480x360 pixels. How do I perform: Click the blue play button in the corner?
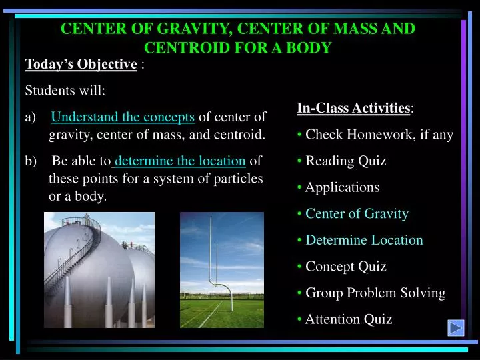tap(456, 328)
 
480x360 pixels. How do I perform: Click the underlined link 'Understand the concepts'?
tap(123, 117)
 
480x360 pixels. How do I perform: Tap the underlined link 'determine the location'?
tap(180, 161)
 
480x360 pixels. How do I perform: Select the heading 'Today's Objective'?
tap(81, 65)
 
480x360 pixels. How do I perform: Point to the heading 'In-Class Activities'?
tap(353, 108)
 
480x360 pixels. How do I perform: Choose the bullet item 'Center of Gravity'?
tap(357, 213)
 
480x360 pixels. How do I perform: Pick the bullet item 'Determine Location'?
tap(364, 240)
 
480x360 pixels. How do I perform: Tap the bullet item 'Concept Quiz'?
tap(345, 267)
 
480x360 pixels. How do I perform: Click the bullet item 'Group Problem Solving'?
tap(375, 293)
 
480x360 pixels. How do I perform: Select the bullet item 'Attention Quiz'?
tap(348, 319)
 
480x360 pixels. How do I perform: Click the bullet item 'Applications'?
tap(342, 187)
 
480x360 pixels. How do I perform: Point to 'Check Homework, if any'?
tap(379, 135)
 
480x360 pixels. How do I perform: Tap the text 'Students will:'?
tap(65, 91)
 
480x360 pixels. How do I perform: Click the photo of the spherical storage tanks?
tap(99, 270)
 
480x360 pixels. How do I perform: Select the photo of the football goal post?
tap(222, 270)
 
